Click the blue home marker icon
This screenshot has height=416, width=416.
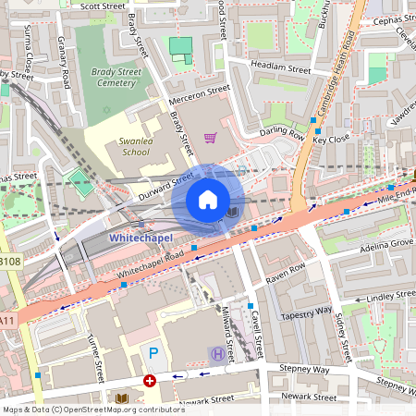click(x=208, y=200)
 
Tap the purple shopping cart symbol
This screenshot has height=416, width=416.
click(x=211, y=138)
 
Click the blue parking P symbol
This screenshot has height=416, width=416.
click(x=153, y=353)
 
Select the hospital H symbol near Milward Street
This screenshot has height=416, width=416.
click(x=217, y=353)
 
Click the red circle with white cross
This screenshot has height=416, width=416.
click(x=149, y=381)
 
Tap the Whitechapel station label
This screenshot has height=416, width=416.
click(x=140, y=238)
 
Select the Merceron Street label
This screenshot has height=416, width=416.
click(x=199, y=95)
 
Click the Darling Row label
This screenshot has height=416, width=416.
click(x=282, y=133)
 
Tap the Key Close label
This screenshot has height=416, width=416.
click(x=331, y=139)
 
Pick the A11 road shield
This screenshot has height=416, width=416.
click(x=7, y=321)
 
